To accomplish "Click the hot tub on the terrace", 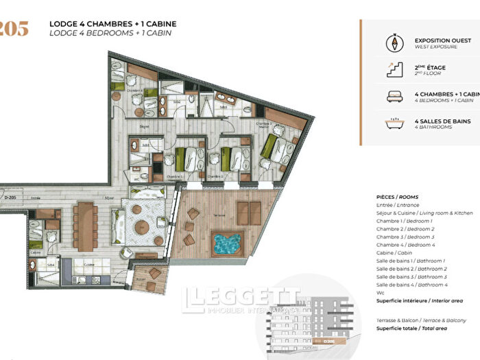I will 226,244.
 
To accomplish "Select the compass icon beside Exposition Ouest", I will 395,43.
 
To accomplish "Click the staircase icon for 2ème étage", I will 395,69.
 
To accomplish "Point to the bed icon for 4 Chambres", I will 395,97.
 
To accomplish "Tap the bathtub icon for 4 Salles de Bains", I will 395,124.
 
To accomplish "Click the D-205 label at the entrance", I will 10,197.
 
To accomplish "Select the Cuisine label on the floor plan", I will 88,263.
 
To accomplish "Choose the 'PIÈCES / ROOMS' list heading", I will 397,196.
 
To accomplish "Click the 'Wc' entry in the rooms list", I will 380,293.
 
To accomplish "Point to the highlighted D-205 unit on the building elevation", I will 332,341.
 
